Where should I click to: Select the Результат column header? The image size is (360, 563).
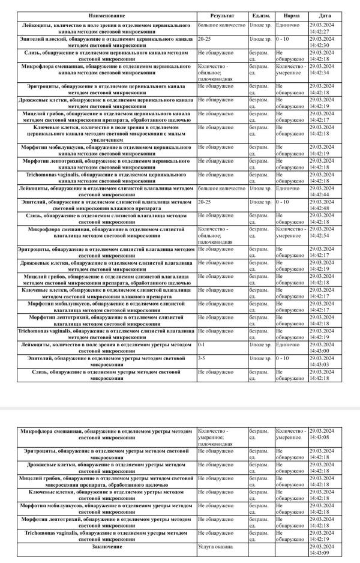point(221,15)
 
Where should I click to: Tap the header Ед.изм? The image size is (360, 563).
point(260,15)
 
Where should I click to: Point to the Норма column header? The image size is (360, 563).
point(291,15)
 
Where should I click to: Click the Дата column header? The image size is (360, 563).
point(325,15)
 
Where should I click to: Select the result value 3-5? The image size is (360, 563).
point(202,358)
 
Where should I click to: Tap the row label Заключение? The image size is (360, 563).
point(106,547)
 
